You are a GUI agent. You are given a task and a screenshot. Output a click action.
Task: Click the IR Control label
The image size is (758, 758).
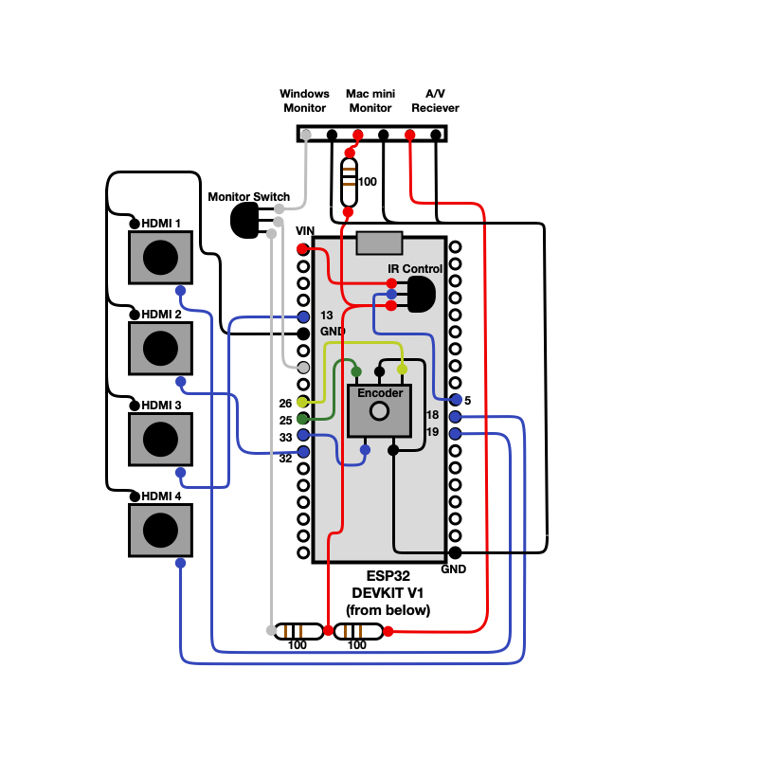(x=414, y=269)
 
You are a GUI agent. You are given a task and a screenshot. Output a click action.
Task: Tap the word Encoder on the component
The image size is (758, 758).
(x=380, y=393)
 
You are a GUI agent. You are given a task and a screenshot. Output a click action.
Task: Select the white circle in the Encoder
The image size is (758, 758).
(x=379, y=411)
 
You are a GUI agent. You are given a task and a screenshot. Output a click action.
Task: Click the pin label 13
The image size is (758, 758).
(x=326, y=316)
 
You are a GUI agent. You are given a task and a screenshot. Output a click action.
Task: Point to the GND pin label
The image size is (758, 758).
(x=333, y=332)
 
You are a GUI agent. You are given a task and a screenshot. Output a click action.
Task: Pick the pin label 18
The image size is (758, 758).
(x=432, y=415)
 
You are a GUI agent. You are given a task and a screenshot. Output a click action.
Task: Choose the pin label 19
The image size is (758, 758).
(x=432, y=432)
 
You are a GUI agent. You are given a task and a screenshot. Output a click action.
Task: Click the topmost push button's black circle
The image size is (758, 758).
(x=160, y=258)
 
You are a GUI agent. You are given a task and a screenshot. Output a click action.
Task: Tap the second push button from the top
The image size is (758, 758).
(x=160, y=349)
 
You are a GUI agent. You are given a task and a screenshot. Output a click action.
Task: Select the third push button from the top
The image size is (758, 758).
(x=160, y=440)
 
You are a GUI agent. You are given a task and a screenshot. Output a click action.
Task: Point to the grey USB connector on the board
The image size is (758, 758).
(x=379, y=244)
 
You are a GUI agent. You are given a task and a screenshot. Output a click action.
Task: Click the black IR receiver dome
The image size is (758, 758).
(x=422, y=295)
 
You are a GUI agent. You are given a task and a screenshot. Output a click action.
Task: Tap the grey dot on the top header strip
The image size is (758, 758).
(x=305, y=135)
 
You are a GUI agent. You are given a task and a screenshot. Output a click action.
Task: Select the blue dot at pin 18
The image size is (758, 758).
(x=455, y=417)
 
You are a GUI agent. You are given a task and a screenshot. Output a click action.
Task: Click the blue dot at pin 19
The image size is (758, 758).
(x=455, y=434)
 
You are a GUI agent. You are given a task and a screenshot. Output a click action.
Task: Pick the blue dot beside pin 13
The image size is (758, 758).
(x=303, y=316)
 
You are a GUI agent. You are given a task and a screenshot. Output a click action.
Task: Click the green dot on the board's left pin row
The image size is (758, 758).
(x=302, y=419)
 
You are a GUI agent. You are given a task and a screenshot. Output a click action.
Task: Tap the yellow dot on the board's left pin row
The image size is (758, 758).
(x=302, y=402)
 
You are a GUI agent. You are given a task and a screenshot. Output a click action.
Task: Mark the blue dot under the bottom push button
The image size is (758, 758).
(x=180, y=563)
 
